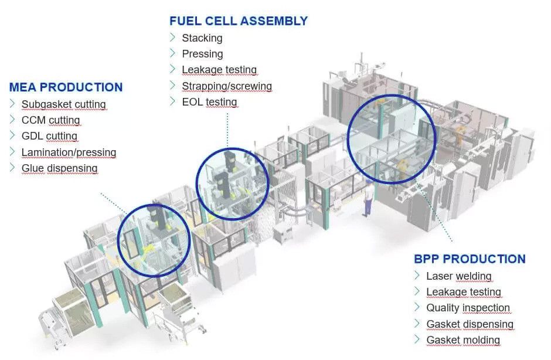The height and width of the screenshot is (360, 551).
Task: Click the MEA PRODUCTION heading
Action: (x=66, y=87)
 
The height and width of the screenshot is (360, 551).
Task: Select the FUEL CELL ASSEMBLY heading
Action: (x=238, y=21)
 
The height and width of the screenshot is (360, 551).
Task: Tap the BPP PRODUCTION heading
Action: (x=469, y=259)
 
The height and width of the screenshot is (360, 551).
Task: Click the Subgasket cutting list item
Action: (x=63, y=104)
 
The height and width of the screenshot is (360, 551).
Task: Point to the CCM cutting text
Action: (x=50, y=120)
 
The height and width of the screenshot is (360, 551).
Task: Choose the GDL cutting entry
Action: (x=49, y=136)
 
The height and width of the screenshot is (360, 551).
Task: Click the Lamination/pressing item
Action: (x=69, y=152)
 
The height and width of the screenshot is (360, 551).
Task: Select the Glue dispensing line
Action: (x=59, y=168)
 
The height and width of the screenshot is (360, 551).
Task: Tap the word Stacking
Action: (x=202, y=38)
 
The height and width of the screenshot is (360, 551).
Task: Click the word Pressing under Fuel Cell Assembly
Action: (x=202, y=54)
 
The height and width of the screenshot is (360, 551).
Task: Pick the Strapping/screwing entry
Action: (x=226, y=86)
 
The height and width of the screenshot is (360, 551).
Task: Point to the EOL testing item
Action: (x=209, y=102)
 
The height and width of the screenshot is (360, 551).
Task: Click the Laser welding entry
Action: (x=458, y=276)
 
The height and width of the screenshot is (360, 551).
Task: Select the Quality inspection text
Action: (x=468, y=308)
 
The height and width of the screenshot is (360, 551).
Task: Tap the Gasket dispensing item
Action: (x=470, y=324)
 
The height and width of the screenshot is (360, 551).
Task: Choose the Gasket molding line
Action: (x=462, y=340)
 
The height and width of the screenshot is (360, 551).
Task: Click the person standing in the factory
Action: (x=368, y=198)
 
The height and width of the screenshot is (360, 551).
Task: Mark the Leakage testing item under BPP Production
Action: (x=463, y=292)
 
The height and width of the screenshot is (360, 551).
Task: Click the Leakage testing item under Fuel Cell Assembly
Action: (x=219, y=70)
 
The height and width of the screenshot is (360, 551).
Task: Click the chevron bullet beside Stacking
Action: (x=172, y=38)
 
